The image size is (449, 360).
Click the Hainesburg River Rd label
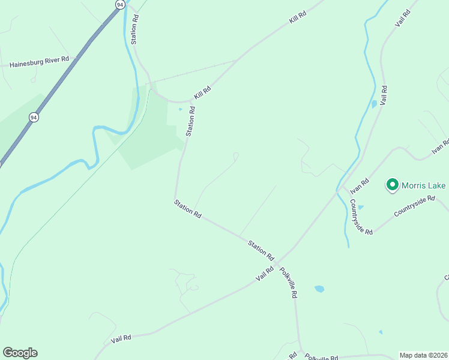40,61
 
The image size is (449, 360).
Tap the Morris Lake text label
423,185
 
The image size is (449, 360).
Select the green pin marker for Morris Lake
392,185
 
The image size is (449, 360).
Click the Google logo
20,353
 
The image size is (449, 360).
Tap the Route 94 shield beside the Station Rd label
121,4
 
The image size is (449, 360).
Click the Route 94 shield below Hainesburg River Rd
33,118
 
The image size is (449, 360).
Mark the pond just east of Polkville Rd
319,289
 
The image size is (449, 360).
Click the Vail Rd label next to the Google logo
121,340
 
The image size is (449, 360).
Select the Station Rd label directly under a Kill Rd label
191,121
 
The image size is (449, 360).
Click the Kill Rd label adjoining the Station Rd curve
202,94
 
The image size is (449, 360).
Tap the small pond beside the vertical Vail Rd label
374,104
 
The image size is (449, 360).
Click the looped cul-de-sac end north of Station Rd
236,156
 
